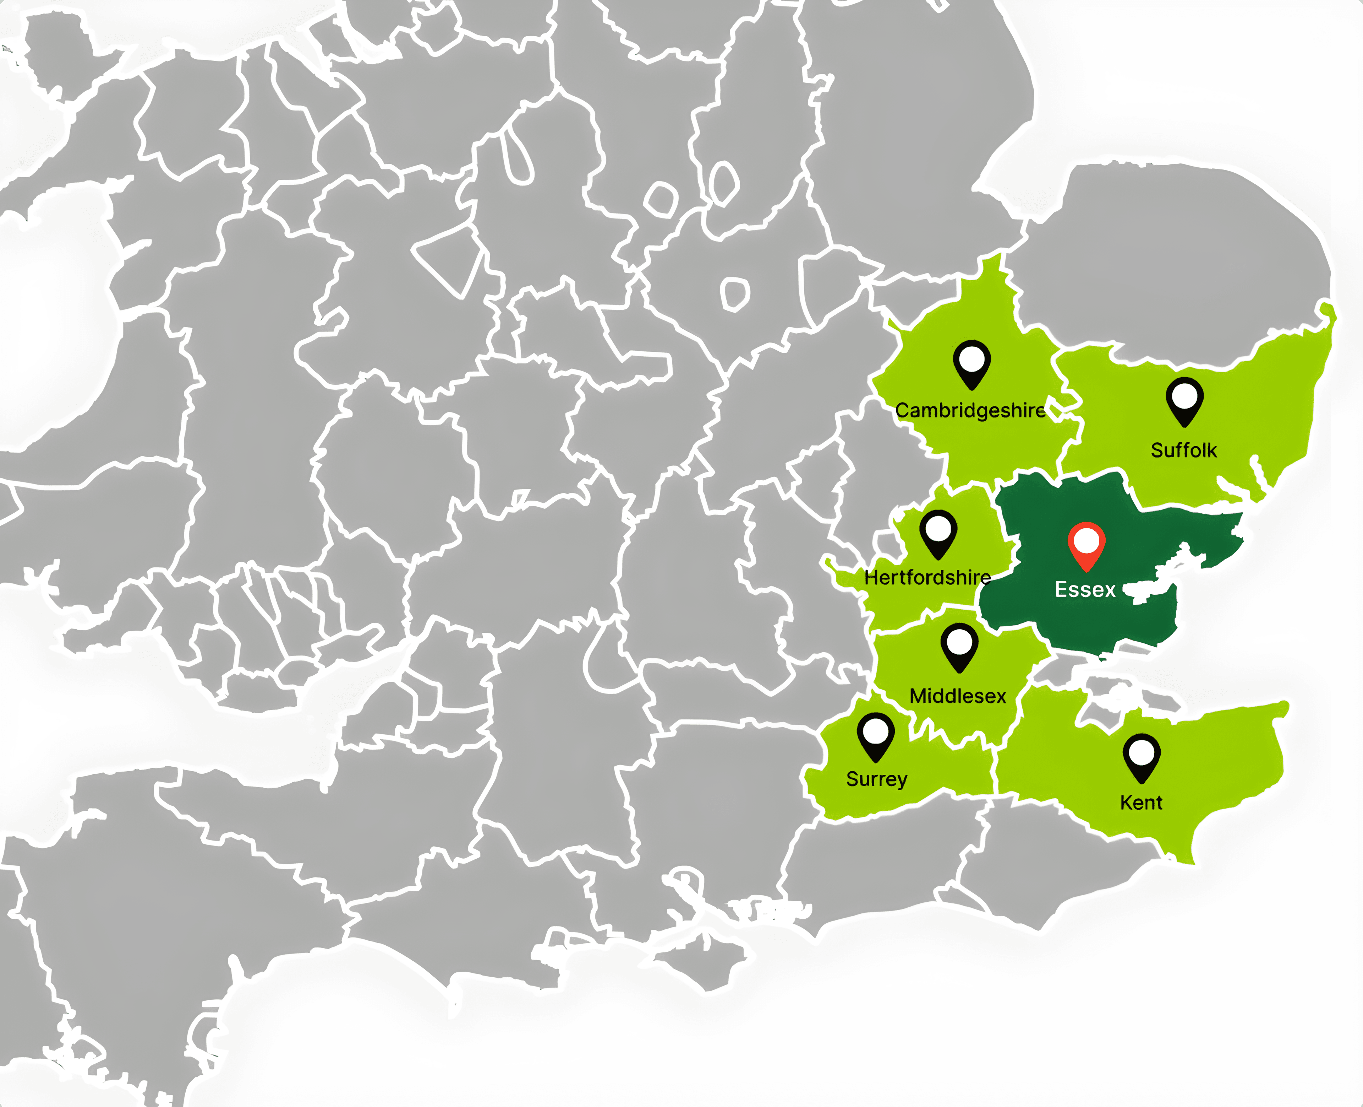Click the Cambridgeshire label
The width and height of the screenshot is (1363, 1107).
(x=970, y=410)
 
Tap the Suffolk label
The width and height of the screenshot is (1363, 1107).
(x=1183, y=450)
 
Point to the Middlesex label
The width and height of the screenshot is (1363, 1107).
(x=958, y=696)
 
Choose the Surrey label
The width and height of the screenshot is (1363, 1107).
(x=876, y=779)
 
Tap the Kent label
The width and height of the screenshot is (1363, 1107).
(x=1140, y=802)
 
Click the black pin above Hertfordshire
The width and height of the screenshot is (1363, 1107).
(x=938, y=534)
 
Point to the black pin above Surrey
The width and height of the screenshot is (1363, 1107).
(x=876, y=735)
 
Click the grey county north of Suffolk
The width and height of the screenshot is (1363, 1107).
(x=1179, y=255)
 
